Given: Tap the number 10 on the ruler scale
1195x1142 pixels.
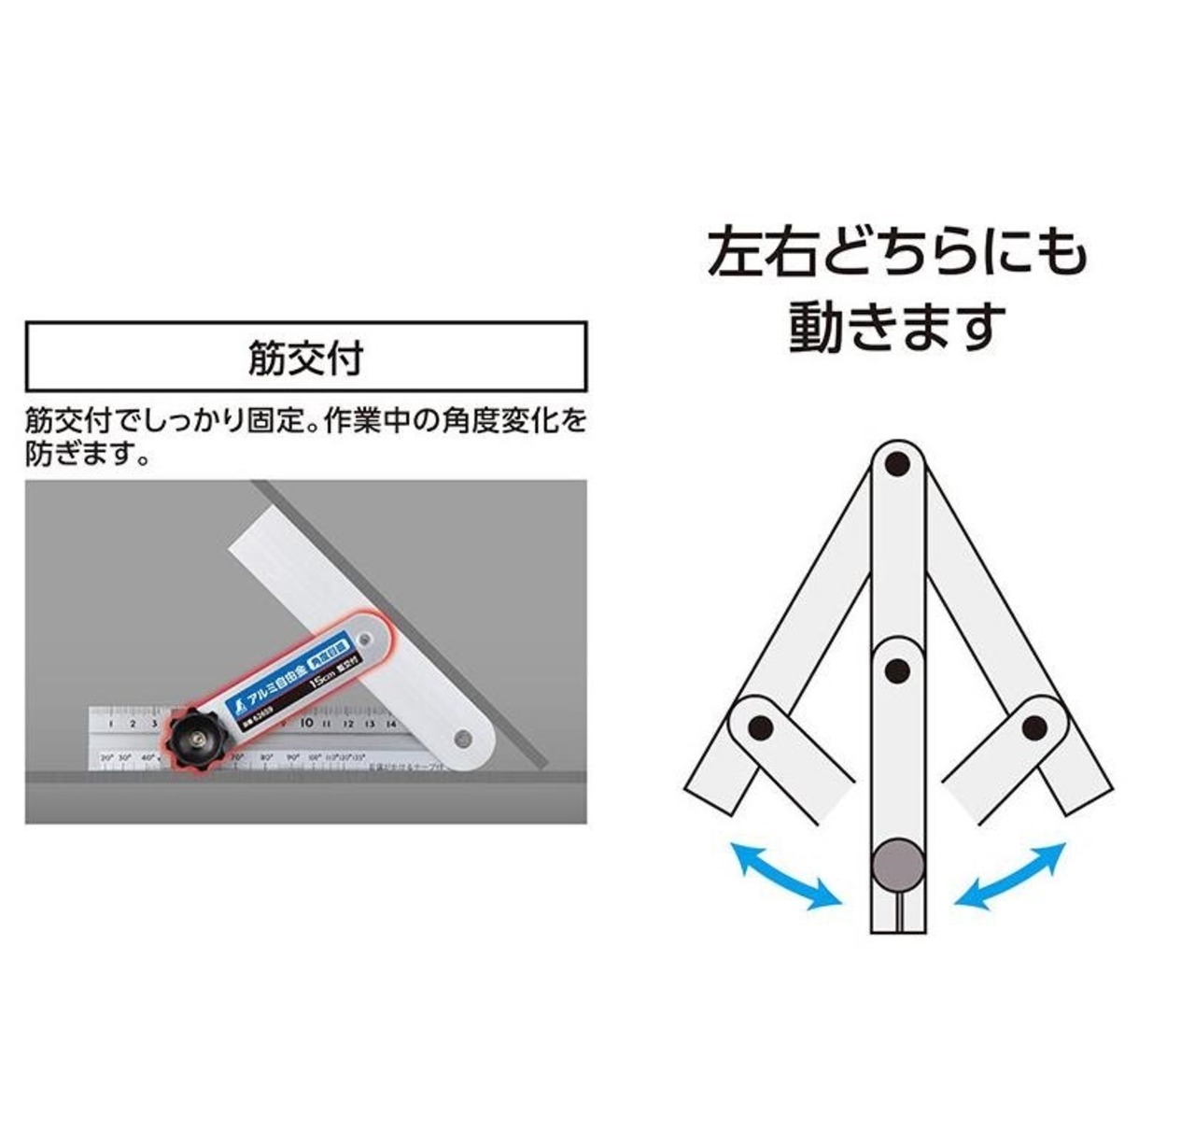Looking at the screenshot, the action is tap(306, 722).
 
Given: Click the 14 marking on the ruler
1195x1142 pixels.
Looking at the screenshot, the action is tap(391, 723).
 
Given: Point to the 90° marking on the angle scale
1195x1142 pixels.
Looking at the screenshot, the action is tap(292, 756).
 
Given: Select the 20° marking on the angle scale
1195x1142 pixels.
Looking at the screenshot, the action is tap(107, 756).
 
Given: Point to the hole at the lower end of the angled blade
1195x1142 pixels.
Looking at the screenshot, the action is tap(462, 740).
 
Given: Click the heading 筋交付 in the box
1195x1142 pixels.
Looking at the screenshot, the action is tap(305, 358).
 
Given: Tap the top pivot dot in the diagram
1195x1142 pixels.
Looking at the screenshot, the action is tap(897, 462).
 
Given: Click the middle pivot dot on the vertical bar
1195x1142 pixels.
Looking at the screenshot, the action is tap(897, 670).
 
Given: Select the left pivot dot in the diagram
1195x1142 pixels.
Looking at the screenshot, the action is tap(761, 727).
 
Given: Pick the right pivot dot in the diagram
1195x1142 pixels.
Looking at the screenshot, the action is tap(1033, 727).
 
